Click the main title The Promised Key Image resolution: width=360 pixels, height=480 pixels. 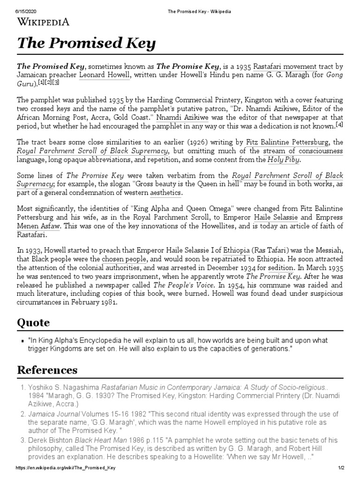point(86,44)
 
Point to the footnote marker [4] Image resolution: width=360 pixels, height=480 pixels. point(339,125)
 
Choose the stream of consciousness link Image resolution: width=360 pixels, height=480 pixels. point(302,150)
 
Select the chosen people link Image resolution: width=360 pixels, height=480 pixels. point(121,259)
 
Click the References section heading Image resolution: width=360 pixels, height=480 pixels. point(47,370)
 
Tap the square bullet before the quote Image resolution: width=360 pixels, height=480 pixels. point(22,341)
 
